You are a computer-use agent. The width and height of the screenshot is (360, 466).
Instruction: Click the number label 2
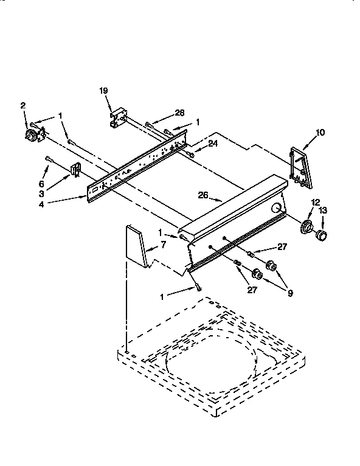click(23, 105)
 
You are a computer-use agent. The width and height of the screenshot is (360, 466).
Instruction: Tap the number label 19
click(103, 91)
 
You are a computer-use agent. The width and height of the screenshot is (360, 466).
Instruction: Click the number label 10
click(320, 131)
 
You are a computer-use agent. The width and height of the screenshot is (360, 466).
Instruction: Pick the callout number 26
click(203, 195)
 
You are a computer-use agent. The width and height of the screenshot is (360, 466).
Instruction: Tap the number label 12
click(315, 202)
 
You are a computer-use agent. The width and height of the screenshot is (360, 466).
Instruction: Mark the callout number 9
click(290, 293)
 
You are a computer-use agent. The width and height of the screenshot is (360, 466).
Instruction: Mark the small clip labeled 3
click(75, 170)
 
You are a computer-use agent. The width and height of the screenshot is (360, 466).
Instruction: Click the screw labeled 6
click(49, 161)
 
